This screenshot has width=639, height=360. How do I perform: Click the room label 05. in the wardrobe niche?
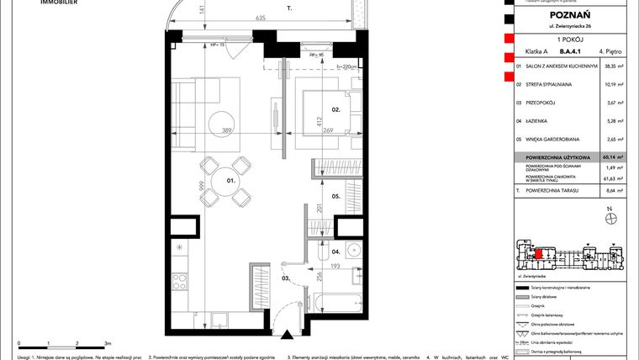[x=334, y=197]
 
